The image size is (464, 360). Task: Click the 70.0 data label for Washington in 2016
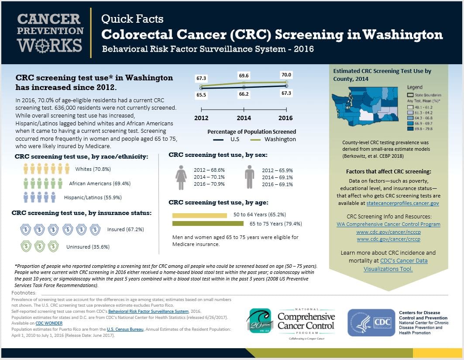click(x=286, y=75)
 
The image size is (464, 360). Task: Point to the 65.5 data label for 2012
click(x=201, y=94)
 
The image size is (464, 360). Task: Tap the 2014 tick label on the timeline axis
click(x=244, y=118)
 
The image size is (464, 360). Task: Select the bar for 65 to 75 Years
click(x=208, y=224)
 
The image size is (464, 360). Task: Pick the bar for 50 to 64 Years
click(x=199, y=215)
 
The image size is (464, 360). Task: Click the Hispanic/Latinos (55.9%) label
click(x=93, y=197)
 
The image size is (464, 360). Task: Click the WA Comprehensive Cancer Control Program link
click(x=388, y=224)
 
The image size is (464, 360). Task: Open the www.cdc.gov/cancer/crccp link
click(x=388, y=239)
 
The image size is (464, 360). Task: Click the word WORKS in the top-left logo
click(x=50, y=45)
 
